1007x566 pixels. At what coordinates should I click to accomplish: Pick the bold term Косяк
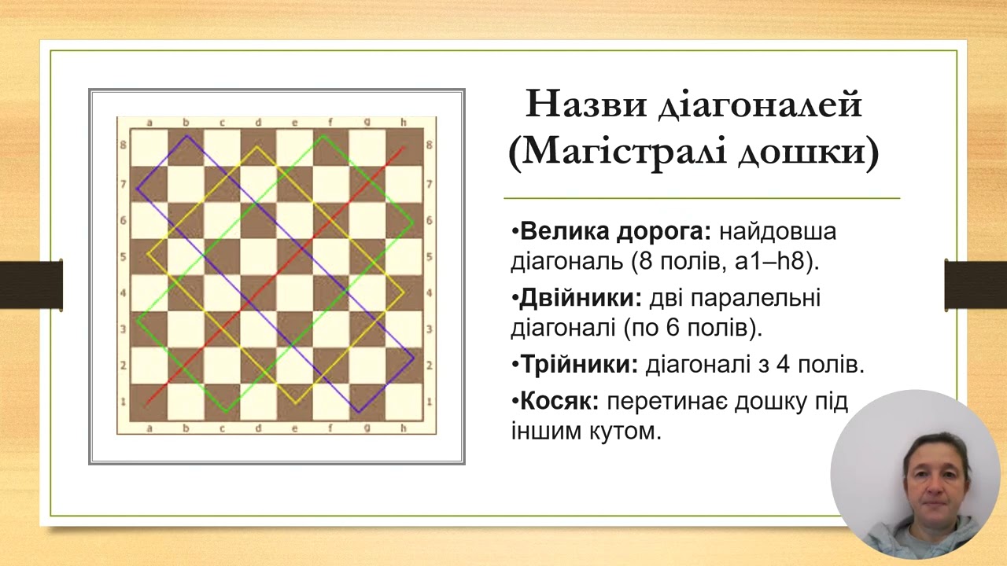[559, 402]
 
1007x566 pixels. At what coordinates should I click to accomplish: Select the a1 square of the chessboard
[149, 401]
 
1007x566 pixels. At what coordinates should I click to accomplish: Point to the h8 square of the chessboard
[404, 147]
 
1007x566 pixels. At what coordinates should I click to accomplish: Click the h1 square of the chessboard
[404, 401]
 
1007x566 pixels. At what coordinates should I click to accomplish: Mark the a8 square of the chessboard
[149, 147]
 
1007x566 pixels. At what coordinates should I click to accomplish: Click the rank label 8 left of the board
[124, 146]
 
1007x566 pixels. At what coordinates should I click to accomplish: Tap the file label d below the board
[258, 428]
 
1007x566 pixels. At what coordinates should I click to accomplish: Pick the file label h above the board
[404, 122]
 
